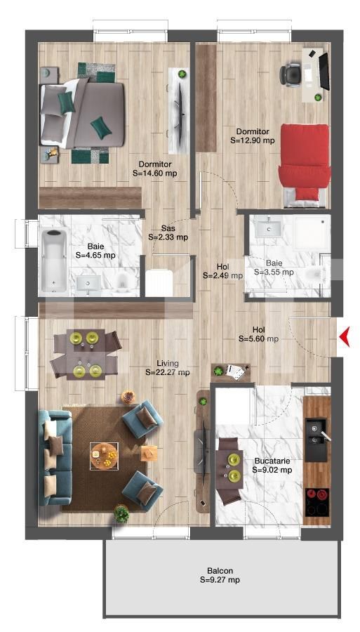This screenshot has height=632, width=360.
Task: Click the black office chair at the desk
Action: point(290,74)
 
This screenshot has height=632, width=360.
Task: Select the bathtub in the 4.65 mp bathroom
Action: point(54,260)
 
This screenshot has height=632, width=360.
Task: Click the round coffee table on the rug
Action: point(105,455)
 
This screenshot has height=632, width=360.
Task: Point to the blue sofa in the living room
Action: point(55,457)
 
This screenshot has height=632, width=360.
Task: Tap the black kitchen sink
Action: point(316,440)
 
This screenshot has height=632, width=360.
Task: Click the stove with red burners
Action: point(317,502)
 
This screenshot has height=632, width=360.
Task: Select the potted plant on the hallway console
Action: point(219,370)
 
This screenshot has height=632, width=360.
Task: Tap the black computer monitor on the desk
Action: point(324,71)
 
